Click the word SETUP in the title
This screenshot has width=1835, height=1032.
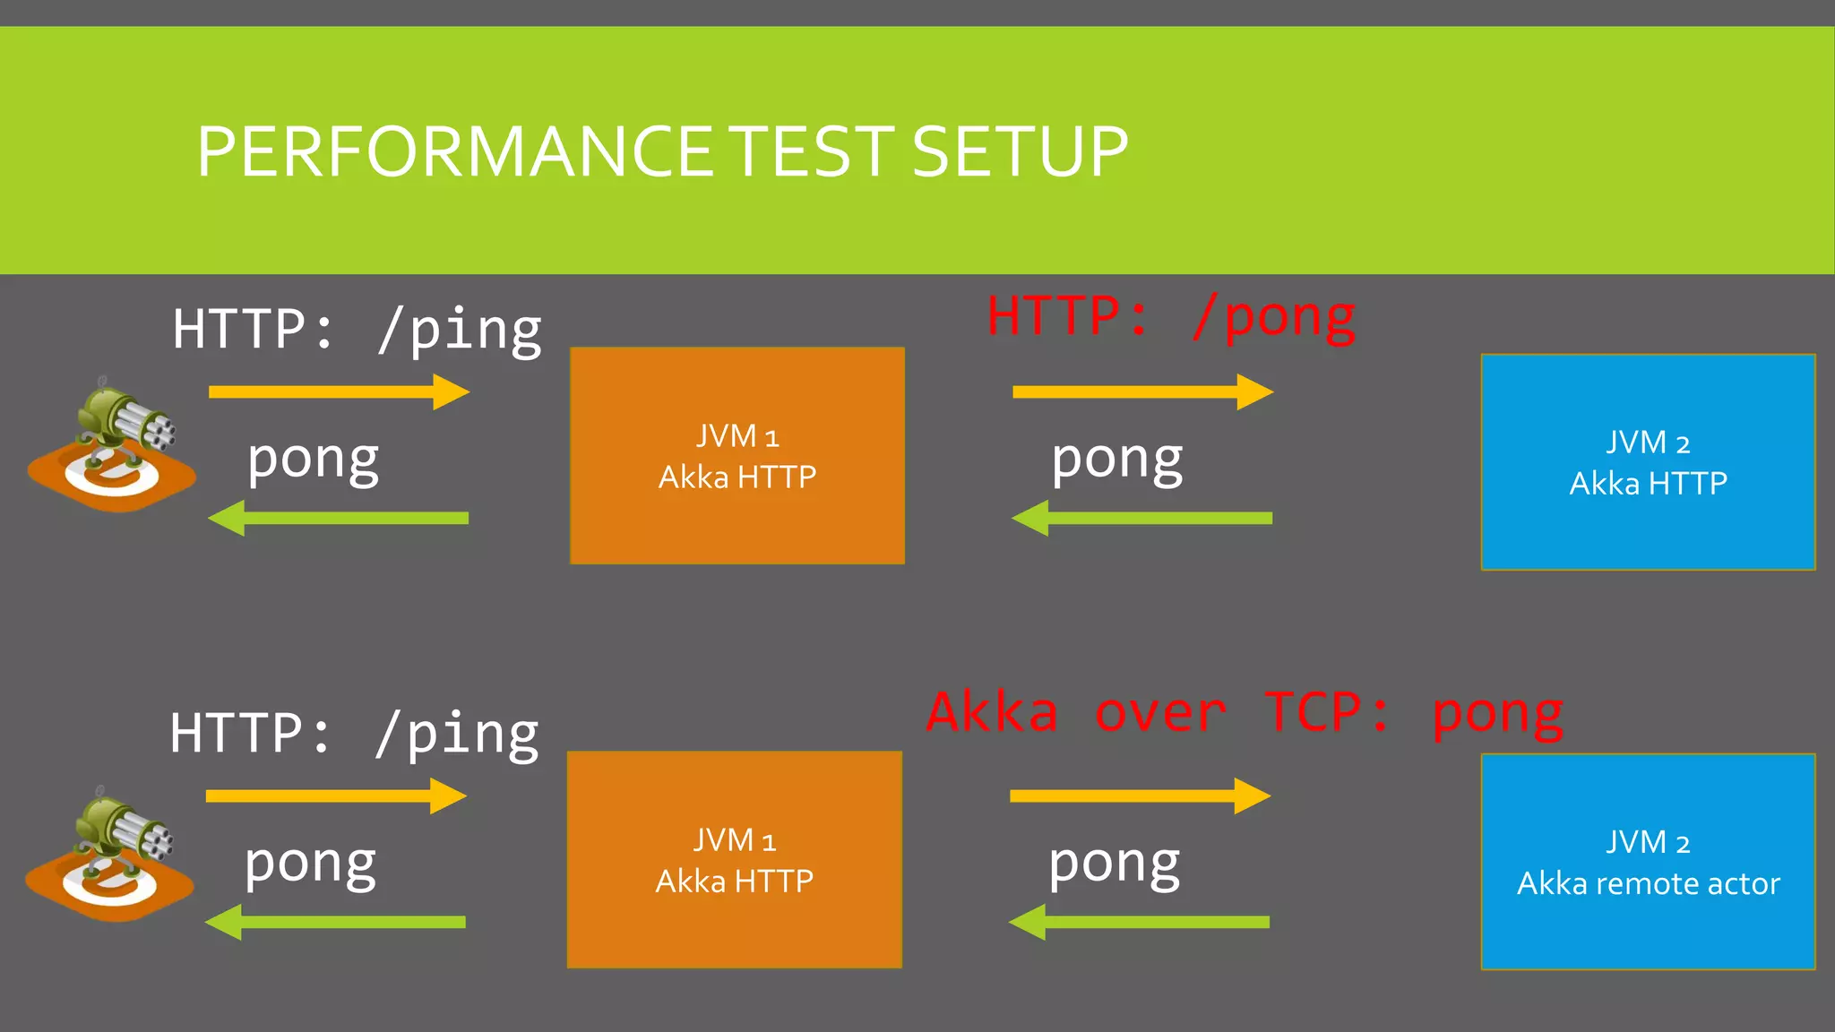pyautogui.click(x=1020, y=151)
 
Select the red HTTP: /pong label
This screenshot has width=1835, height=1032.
pyautogui.click(x=1170, y=317)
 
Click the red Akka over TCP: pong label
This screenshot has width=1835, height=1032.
pyautogui.click(x=1245, y=713)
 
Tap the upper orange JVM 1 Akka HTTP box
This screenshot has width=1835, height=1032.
pyautogui.click(x=737, y=455)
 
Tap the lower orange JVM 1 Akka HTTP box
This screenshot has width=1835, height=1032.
pyautogui.click(x=734, y=859)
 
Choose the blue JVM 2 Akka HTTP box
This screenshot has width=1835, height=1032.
pyautogui.click(x=1647, y=462)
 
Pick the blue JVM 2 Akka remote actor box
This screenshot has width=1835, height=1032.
pyautogui.click(x=1647, y=862)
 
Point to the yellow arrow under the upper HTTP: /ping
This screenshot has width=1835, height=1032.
pyautogui.click(x=339, y=392)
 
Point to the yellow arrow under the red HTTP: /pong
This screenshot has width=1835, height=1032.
pyautogui.click(x=1142, y=392)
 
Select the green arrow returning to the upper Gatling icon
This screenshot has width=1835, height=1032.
pyautogui.click(x=338, y=519)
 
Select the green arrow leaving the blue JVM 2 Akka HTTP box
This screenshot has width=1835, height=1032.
pyautogui.click(x=1141, y=519)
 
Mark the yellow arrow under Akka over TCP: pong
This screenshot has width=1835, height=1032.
pyautogui.click(x=1140, y=796)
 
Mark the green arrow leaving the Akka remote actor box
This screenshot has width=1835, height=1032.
pyautogui.click(x=1139, y=923)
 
